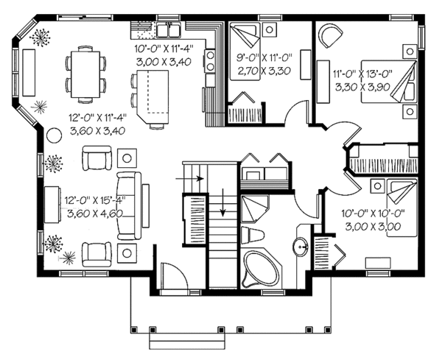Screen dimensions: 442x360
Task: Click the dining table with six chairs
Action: click(x=85, y=74)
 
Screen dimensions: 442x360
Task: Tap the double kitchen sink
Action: click(x=169, y=30)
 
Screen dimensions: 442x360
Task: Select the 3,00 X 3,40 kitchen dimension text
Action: click(x=164, y=61)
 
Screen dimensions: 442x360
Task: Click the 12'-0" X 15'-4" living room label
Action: click(x=95, y=200)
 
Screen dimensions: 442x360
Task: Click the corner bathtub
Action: click(x=261, y=269)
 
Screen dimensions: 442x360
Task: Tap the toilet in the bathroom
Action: click(x=253, y=235)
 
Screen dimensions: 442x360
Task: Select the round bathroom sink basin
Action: click(x=301, y=247)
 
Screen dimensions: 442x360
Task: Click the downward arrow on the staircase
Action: click(x=223, y=202)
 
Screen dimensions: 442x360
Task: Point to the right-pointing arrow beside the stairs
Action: click(x=189, y=179)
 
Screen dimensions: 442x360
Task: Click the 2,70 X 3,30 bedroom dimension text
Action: click(x=264, y=71)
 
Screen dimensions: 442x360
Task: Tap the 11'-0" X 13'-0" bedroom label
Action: click(x=362, y=74)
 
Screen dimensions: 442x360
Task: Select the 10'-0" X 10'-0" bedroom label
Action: click(x=373, y=213)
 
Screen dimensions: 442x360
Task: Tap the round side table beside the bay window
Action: click(x=54, y=135)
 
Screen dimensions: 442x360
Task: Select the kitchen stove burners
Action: click(x=210, y=61)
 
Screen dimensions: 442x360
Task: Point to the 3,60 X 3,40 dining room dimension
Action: click(x=97, y=131)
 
